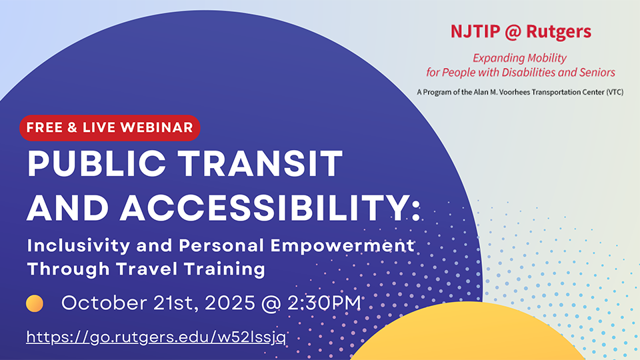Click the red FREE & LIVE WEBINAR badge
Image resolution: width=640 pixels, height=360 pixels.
(110, 128)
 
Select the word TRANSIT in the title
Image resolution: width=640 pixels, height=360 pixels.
(261, 163)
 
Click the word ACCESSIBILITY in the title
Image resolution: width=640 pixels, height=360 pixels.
(265, 207)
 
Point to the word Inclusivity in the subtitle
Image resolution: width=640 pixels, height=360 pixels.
(79, 246)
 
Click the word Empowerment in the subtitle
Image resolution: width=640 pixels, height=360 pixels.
(343, 246)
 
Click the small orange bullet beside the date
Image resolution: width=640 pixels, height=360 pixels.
(35, 303)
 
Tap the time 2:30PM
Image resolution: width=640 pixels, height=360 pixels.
(324, 303)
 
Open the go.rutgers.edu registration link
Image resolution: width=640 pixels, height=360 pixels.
(156, 337)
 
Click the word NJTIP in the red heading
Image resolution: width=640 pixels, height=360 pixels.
(475, 31)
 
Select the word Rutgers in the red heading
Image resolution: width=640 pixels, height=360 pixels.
(559, 32)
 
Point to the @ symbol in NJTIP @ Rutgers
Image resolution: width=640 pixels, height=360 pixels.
(513, 32)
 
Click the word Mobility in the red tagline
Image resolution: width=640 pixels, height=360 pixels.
(546, 59)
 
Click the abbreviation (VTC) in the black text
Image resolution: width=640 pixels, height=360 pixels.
(615, 92)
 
